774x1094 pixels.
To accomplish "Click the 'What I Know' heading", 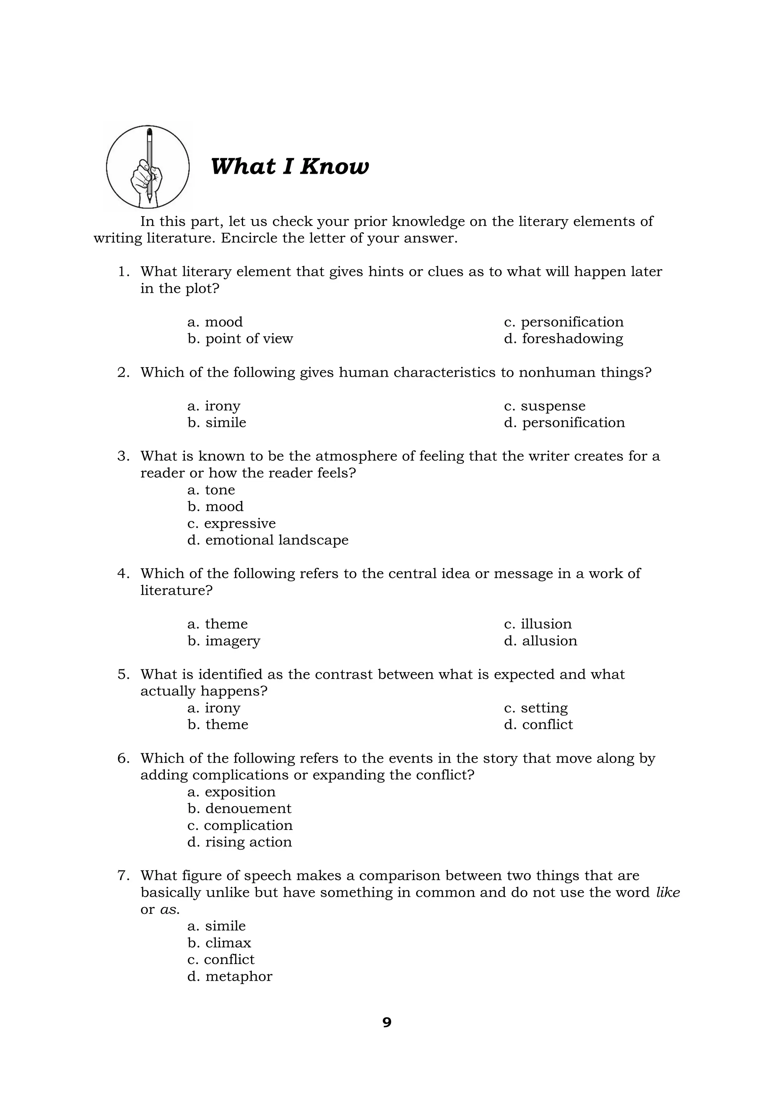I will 289,167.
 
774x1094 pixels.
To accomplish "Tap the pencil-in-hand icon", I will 148,167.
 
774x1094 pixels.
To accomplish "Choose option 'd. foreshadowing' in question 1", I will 563,339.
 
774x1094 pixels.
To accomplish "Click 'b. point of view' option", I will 240,339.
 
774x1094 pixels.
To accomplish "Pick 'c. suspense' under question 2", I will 545,406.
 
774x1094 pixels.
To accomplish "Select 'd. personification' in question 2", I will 564,423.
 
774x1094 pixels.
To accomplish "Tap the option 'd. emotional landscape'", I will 268,540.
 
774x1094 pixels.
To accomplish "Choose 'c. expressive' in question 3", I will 232,523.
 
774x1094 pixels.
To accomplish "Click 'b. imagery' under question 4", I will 224,641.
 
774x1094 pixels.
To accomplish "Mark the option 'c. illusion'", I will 538,624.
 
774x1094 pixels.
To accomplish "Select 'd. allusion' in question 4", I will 540,641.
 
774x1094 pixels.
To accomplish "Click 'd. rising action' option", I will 240,842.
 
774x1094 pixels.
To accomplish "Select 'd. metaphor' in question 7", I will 230,976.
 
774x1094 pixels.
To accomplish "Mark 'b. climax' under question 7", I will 219,943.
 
